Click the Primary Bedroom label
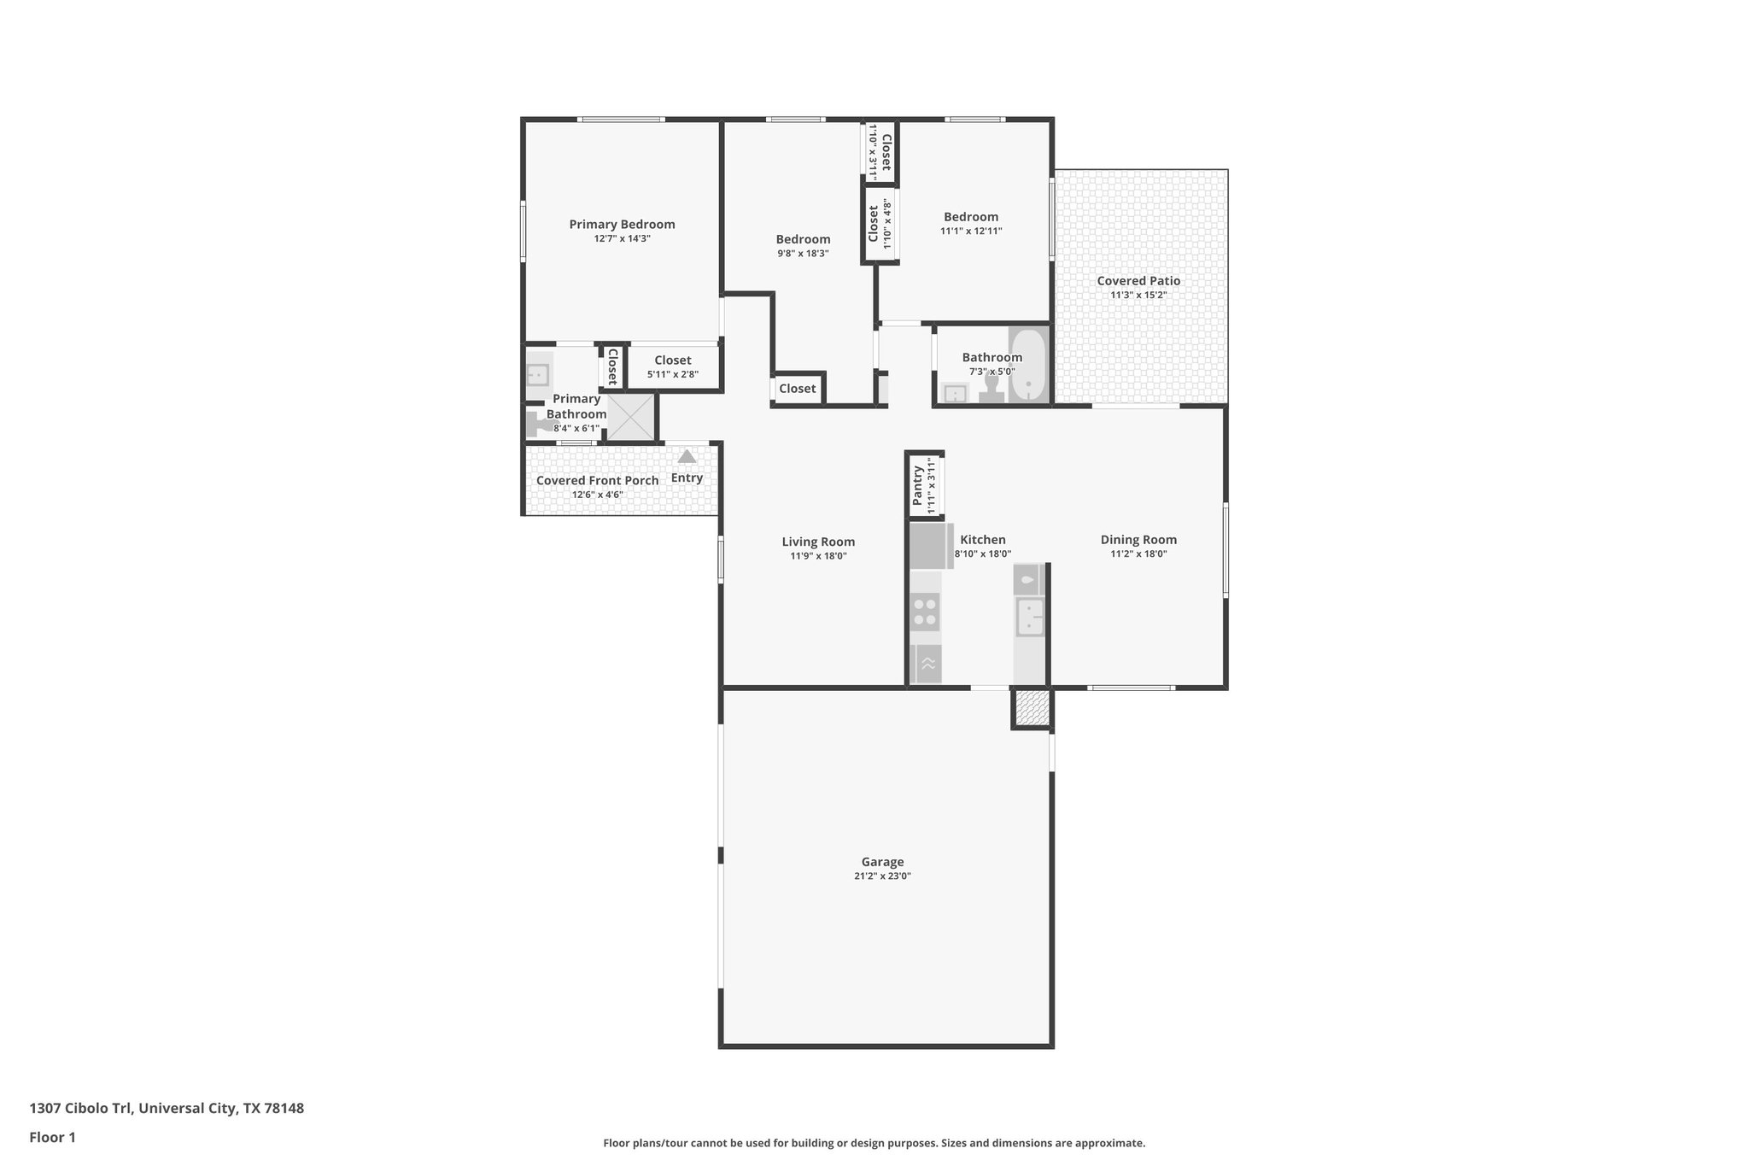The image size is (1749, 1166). [x=622, y=225]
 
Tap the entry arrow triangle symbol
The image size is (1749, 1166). [x=687, y=457]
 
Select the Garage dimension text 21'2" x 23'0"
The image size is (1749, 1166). [x=882, y=876]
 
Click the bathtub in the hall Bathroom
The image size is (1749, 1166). [x=1028, y=365]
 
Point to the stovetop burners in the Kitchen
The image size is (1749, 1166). [x=925, y=612]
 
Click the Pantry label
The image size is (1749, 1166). [x=918, y=485]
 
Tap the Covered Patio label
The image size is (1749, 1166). [x=1138, y=281]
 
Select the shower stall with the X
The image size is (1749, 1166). [x=630, y=418]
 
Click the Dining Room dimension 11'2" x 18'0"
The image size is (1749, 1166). [x=1138, y=554]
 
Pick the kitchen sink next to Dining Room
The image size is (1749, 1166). [x=1030, y=617]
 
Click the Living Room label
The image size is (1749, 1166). [x=818, y=542]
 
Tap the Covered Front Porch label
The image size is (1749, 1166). [x=597, y=480]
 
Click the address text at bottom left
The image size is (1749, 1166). [x=167, y=1109]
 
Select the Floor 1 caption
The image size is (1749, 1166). [x=52, y=1137]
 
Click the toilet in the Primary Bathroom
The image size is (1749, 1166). [x=538, y=423]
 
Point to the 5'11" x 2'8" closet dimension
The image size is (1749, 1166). [x=673, y=374]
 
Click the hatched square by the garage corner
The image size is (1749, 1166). [x=1032, y=708]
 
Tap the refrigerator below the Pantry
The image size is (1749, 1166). [x=929, y=546]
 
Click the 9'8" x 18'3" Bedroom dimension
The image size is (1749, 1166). [x=803, y=254]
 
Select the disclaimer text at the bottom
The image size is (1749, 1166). [x=874, y=1143]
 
